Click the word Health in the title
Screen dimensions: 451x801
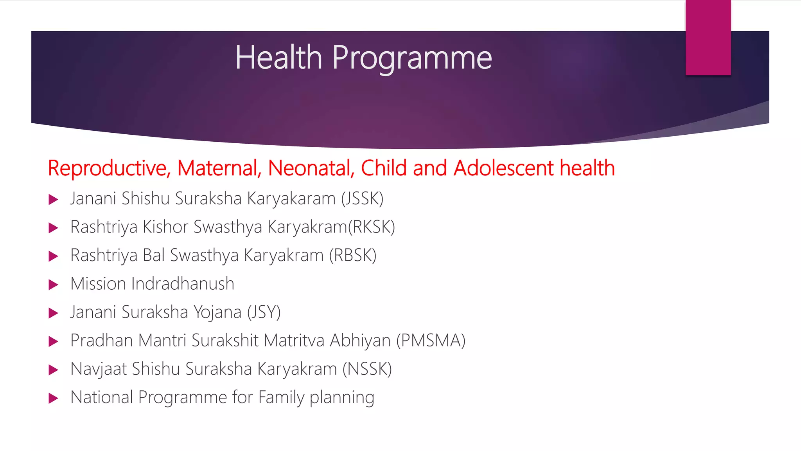(x=278, y=58)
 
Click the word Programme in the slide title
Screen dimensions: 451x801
(x=412, y=59)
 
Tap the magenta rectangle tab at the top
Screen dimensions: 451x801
(x=708, y=38)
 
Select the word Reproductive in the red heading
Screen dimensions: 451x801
(x=109, y=168)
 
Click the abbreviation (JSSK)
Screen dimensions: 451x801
(x=362, y=198)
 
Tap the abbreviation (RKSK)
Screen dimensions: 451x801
(x=372, y=227)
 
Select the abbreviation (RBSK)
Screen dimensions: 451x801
(x=352, y=255)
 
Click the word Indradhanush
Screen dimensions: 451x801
(x=183, y=283)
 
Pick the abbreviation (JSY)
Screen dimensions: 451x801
(x=264, y=312)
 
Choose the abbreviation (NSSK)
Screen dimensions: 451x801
(x=367, y=369)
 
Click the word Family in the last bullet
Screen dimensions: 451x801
(x=281, y=398)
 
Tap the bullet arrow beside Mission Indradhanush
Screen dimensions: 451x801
(x=53, y=285)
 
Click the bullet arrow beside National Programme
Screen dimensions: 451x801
(x=53, y=399)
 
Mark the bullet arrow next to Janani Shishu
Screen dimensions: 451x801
(x=53, y=200)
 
